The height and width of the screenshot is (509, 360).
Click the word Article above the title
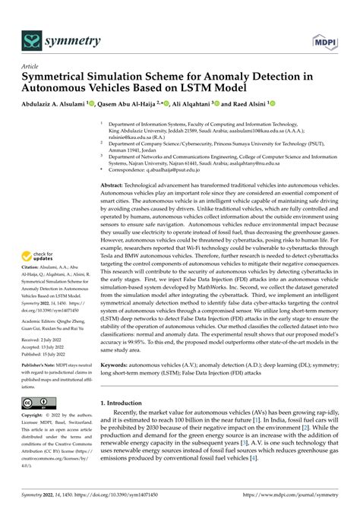click(30, 66)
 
